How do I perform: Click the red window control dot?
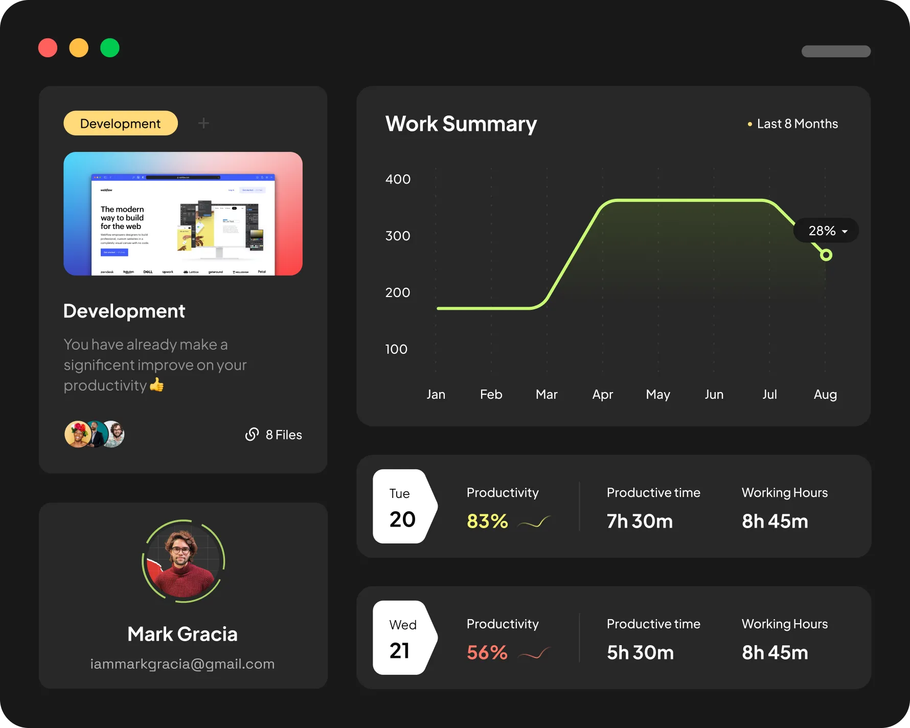pyautogui.click(x=48, y=48)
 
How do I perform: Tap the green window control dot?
pyautogui.click(x=109, y=48)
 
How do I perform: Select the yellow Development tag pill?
pyautogui.click(x=120, y=123)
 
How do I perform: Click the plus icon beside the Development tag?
pyautogui.click(x=203, y=123)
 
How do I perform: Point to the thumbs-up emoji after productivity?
pyautogui.click(x=157, y=384)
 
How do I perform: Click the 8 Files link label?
pyautogui.click(x=284, y=435)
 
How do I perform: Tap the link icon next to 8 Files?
pyautogui.click(x=252, y=434)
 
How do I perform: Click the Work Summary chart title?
pyautogui.click(x=461, y=124)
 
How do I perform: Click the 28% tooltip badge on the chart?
pyautogui.click(x=826, y=231)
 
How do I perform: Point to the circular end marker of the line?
pyautogui.click(x=826, y=255)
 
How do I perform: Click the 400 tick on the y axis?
pyautogui.click(x=398, y=179)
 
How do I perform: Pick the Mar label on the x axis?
pyautogui.click(x=547, y=394)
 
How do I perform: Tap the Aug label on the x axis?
pyautogui.click(x=825, y=394)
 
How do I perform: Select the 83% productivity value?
pyautogui.click(x=487, y=521)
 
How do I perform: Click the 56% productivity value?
pyautogui.click(x=487, y=652)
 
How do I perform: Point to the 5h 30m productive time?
pyautogui.click(x=640, y=652)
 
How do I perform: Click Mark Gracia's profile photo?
pyautogui.click(x=183, y=561)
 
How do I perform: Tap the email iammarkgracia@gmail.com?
pyautogui.click(x=183, y=664)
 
